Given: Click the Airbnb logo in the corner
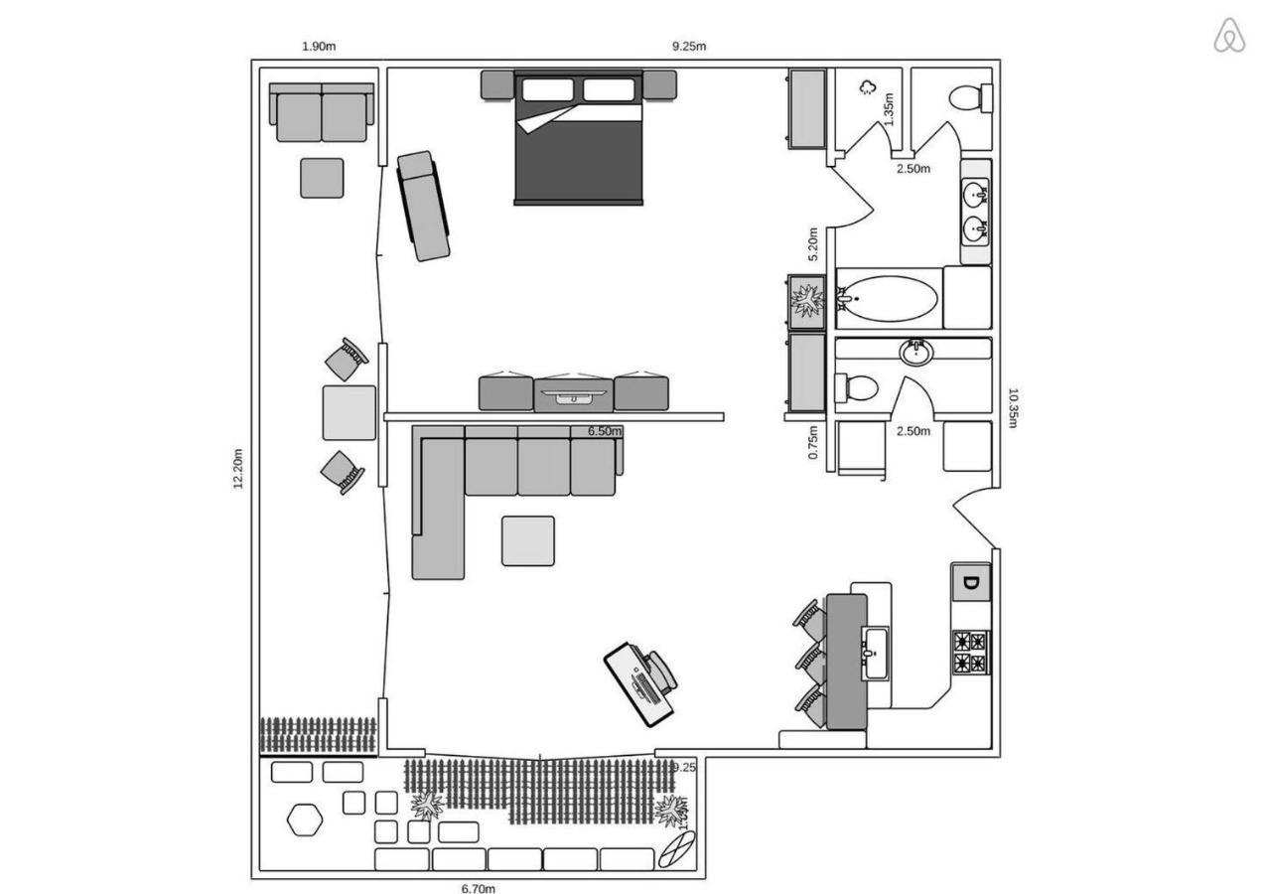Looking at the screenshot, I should pyautogui.click(x=1229, y=36).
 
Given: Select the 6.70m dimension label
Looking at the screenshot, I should pyautogui.click(x=479, y=888).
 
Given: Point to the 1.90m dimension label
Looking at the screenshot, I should pyautogui.click(x=319, y=47).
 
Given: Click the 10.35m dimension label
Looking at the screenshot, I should pyautogui.click(x=1013, y=407).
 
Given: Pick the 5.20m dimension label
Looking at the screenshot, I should pyautogui.click(x=813, y=243).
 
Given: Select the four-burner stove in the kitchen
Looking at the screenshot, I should pyautogui.click(x=970, y=653).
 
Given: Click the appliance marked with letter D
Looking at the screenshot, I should pyautogui.click(x=971, y=583).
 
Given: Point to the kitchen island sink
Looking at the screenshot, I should pyautogui.click(x=875, y=653).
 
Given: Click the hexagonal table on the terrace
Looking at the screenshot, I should pyautogui.click(x=305, y=819).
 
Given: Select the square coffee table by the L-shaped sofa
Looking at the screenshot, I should pyautogui.click(x=527, y=541).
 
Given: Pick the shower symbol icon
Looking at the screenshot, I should pyautogui.click(x=867, y=87).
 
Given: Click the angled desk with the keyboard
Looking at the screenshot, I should pyautogui.click(x=640, y=683).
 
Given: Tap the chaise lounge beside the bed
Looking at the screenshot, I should pyautogui.click(x=423, y=206).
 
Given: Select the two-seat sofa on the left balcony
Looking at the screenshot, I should pyautogui.click(x=322, y=114).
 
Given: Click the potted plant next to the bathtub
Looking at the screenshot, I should pyautogui.click(x=805, y=300).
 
